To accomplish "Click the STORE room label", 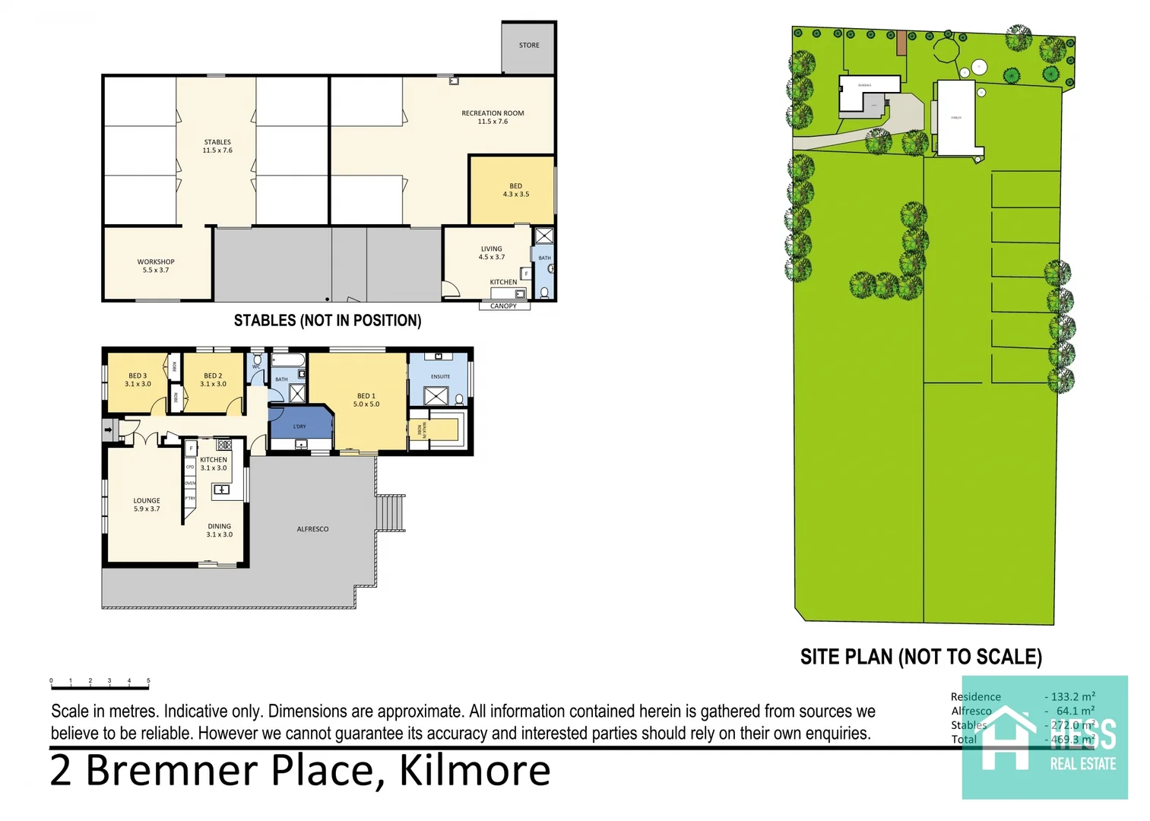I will click(x=529, y=46).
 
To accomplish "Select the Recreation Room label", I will click(x=493, y=117).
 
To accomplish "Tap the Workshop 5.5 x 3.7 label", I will click(x=156, y=265).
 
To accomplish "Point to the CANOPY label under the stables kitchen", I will click(x=503, y=306).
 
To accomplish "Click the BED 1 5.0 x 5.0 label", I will click(x=366, y=400).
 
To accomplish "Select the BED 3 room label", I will click(x=138, y=379).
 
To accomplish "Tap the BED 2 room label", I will click(x=213, y=379).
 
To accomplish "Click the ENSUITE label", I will click(x=440, y=376).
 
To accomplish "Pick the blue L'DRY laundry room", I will click(x=300, y=426).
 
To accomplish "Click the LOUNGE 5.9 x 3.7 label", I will click(x=147, y=505).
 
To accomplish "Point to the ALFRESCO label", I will click(x=312, y=529).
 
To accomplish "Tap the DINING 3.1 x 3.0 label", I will click(x=219, y=530).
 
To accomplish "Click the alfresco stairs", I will click(x=391, y=512).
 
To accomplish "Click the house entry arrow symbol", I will click(x=108, y=430).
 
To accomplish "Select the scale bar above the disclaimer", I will click(x=100, y=687).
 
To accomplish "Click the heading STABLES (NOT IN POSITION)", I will click(x=327, y=321).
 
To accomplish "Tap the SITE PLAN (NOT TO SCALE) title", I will click(x=920, y=657).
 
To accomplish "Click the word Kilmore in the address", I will click(x=474, y=770).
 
